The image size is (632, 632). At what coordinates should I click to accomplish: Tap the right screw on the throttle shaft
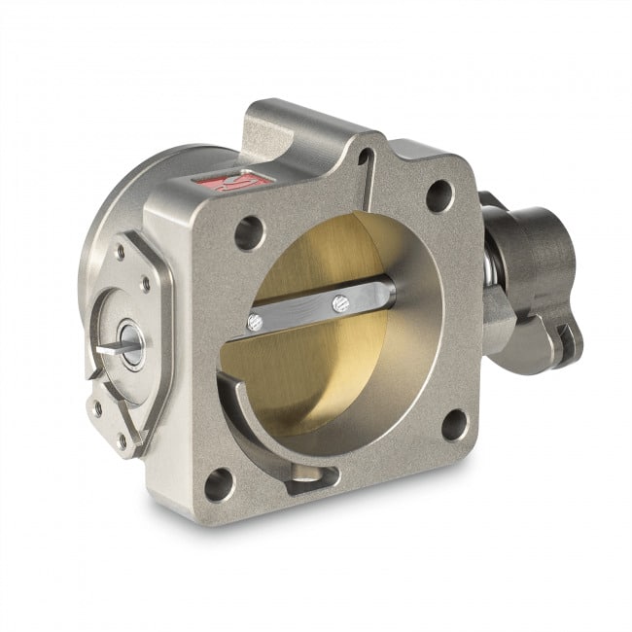(338, 303)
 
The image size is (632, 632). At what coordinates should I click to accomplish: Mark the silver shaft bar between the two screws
(297, 313)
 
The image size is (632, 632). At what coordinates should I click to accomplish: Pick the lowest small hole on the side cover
(121, 439)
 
